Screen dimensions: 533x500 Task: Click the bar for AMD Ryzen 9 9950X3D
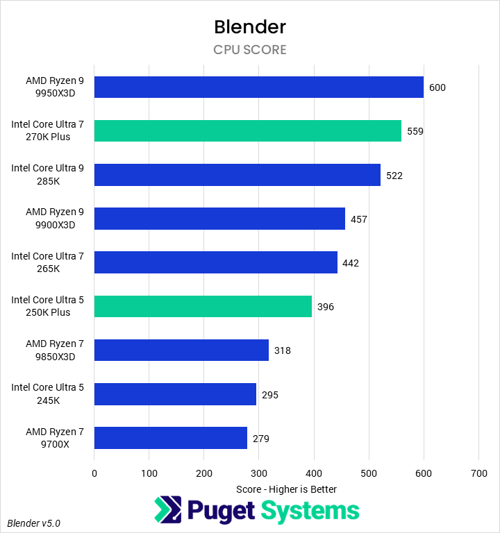pyautogui.click(x=258, y=87)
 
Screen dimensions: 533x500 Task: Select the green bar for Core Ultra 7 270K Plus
pyautogui.click(x=247, y=131)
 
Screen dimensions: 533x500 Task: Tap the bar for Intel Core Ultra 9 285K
pyautogui.click(x=237, y=175)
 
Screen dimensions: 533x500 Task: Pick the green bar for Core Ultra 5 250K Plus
pyautogui.click(x=203, y=306)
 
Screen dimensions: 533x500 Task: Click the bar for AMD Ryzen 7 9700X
pyautogui.click(x=170, y=438)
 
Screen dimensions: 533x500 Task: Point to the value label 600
pyautogui.click(x=437, y=87)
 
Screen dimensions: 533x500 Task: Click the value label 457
pyautogui.click(x=358, y=219)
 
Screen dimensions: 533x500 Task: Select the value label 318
pyautogui.click(x=282, y=350)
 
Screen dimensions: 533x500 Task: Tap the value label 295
pyautogui.click(x=269, y=395)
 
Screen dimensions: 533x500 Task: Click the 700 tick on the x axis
pyautogui.click(x=478, y=473)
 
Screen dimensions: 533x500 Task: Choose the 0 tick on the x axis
pyautogui.click(x=94, y=473)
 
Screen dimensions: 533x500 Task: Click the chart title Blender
pyautogui.click(x=250, y=27)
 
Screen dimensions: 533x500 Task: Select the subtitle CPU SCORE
pyautogui.click(x=250, y=50)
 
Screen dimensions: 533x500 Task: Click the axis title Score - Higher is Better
pyautogui.click(x=286, y=489)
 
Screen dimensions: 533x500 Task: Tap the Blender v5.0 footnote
pyautogui.click(x=34, y=523)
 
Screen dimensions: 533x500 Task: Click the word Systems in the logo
pyautogui.click(x=310, y=511)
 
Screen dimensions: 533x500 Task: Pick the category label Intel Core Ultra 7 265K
pyautogui.click(x=47, y=262)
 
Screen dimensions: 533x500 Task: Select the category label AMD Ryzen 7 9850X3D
pyautogui.click(x=54, y=350)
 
